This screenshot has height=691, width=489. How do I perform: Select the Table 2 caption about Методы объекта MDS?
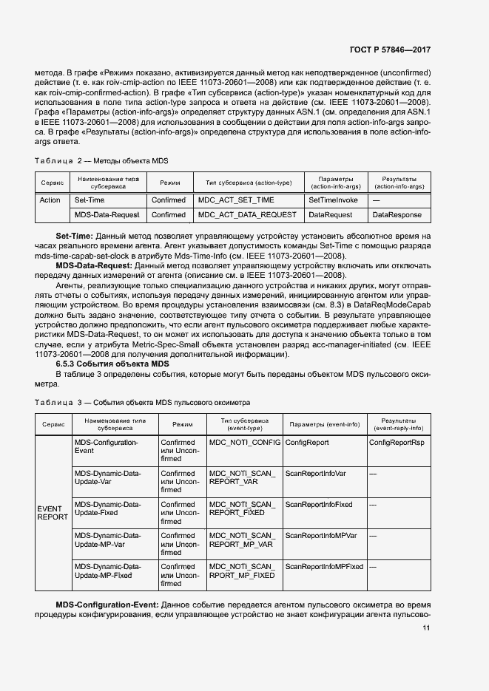[x=103, y=160]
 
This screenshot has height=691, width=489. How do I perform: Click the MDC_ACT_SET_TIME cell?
[x=236, y=200]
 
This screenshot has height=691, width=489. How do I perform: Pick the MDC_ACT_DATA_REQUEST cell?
[x=247, y=214]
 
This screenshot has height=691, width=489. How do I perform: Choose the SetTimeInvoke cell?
[x=333, y=200]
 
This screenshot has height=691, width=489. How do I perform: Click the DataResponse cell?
[x=396, y=214]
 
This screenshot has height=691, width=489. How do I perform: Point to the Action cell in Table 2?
[x=50, y=200]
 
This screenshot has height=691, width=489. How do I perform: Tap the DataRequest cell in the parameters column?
[x=330, y=214]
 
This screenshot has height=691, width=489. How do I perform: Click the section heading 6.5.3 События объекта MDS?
[x=112, y=364]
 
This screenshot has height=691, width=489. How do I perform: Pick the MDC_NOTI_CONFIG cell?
[x=244, y=442]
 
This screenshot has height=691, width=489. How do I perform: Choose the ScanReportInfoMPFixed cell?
[x=324, y=566]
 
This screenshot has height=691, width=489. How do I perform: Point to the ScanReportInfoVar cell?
[x=316, y=473]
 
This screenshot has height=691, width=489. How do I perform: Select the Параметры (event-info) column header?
[x=324, y=424]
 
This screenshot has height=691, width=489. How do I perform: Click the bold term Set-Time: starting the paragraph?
[x=74, y=235]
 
